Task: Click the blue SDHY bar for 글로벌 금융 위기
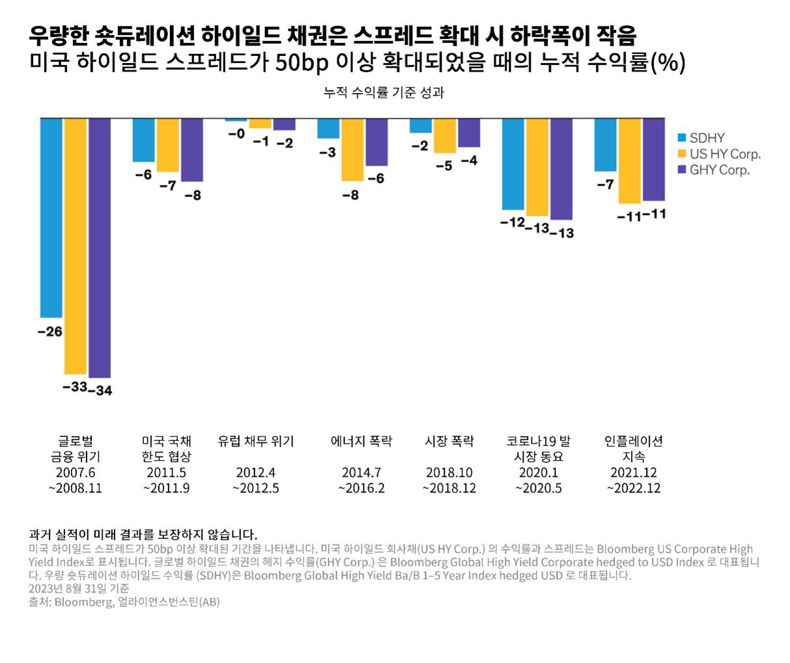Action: click(51, 218)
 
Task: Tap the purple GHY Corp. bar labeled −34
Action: click(100, 248)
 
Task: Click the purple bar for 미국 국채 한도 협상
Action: click(192, 150)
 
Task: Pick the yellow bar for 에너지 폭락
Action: click(352, 150)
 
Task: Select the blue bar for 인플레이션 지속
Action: click(605, 144)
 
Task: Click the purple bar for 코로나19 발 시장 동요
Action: click(561, 169)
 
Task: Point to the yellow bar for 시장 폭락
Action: click(445, 135)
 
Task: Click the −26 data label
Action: click(50, 332)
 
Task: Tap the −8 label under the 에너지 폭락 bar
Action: click(350, 195)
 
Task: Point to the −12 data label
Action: click(513, 223)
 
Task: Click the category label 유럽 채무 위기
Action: click(256, 442)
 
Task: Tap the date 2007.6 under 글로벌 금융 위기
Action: click(76, 473)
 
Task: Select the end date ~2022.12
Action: click(634, 489)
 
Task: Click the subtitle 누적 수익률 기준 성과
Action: click(384, 92)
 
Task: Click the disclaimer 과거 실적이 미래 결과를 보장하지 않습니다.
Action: click(143, 535)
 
